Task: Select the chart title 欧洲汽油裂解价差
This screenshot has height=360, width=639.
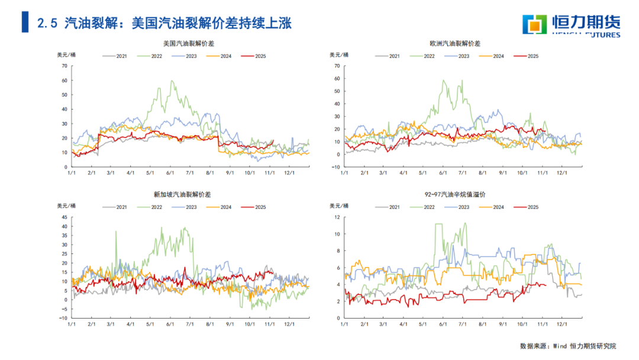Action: (x=456, y=44)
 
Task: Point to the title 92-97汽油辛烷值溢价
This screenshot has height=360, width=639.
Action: (x=456, y=194)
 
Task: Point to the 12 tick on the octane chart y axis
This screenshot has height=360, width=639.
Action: (x=337, y=217)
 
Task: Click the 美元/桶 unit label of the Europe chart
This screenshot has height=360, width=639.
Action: (x=338, y=55)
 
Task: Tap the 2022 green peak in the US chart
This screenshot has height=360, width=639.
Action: (x=172, y=81)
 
